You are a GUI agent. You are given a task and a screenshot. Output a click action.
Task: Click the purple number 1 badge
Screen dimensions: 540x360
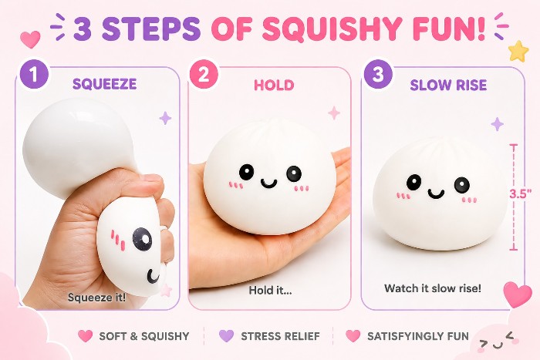pyautogui.click(x=33, y=75)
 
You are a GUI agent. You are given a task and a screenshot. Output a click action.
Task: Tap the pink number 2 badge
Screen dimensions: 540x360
pyautogui.click(x=204, y=75)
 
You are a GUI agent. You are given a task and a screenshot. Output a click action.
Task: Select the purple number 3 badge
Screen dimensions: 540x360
pyautogui.click(x=378, y=75)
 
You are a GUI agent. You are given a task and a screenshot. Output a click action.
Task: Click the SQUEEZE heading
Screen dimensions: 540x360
pyautogui.click(x=104, y=84)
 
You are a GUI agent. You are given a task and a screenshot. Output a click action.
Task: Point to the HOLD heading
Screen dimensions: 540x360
pyautogui.click(x=274, y=86)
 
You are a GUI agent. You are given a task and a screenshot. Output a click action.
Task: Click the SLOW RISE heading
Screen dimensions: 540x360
pyautogui.click(x=448, y=85)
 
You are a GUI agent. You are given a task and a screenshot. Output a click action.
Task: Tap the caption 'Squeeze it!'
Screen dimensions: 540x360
pyautogui.click(x=96, y=298)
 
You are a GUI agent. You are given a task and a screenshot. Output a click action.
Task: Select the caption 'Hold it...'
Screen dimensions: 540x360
pyautogui.click(x=270, y=290)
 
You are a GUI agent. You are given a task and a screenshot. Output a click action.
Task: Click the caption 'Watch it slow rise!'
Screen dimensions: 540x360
pyautogui.click(x=433, y=288)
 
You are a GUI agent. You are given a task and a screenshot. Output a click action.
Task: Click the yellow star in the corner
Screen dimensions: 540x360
pyautogui.click(x=518, y=51)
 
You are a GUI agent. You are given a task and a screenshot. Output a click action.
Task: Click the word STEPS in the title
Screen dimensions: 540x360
pyautogui.click(x=151, y=27)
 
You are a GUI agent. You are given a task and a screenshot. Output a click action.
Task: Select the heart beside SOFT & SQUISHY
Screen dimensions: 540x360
pyautogui.click(x=85, y=336)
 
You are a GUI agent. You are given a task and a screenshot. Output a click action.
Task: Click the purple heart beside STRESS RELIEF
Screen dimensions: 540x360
pyautogui.click(x=226, y=336)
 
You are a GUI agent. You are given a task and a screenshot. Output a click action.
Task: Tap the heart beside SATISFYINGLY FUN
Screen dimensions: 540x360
pyautogui.click(x=353, y=336)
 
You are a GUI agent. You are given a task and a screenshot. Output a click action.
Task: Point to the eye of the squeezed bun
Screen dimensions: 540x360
pyautogui.click(x=141, y=238)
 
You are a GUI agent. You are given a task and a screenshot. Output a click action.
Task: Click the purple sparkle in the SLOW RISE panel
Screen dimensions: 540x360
pyautogui.click(x=497, y=124)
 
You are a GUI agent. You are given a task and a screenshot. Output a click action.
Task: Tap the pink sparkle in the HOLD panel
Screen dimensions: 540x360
pyautogui.click(x=334, y=113)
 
